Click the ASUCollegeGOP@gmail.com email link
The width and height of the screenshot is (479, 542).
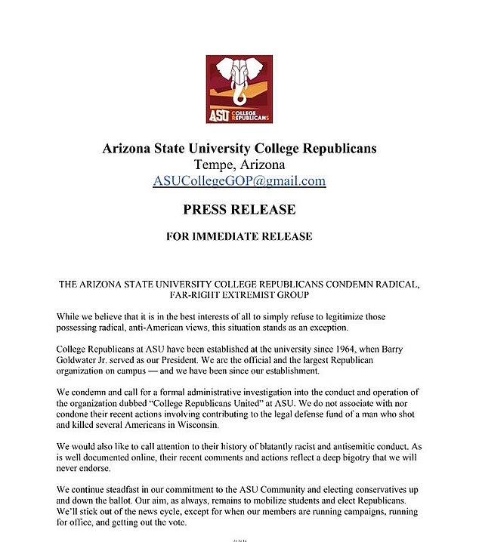(x=239, y=181)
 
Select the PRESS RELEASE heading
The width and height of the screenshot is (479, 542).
(x=239, y=209)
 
